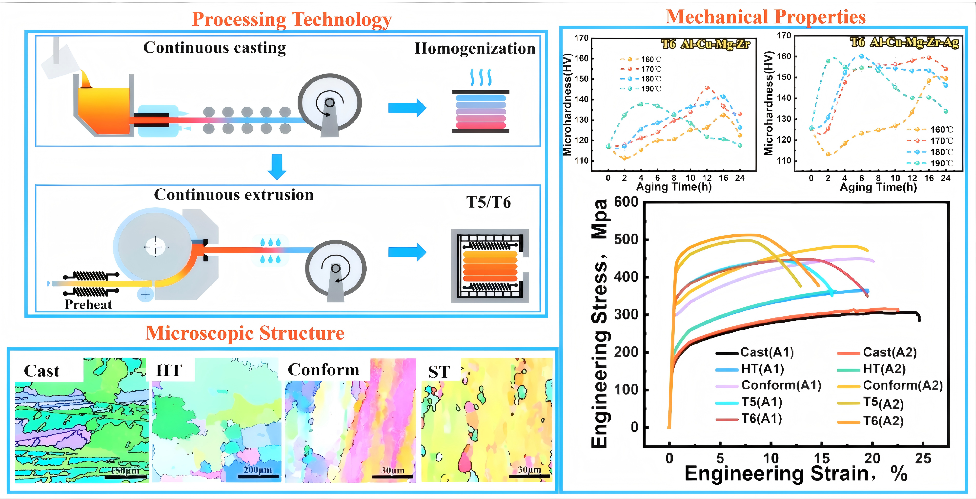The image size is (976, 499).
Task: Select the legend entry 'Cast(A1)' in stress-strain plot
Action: (x=767, y=352)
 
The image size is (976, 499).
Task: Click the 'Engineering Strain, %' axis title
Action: (x=796, y=474)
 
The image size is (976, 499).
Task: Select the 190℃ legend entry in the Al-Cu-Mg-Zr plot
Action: (x=650, y=89)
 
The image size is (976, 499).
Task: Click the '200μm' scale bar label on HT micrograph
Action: (x=258, y=470)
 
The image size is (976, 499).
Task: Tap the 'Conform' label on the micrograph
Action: (x=323, y=370)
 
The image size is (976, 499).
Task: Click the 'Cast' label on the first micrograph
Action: (x=42, y=371)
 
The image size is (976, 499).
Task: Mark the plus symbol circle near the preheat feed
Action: (x=145, y=294)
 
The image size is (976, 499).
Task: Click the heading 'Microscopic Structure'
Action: (x=245, y=333)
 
